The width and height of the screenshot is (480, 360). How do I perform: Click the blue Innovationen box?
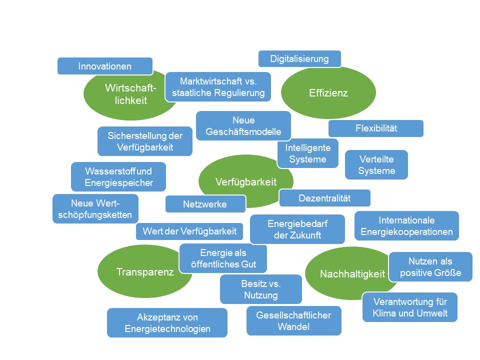104,66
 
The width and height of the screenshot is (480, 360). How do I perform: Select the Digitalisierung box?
299,58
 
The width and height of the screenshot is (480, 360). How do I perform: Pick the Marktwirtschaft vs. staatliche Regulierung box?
218,87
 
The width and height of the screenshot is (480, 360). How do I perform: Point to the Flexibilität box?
376,128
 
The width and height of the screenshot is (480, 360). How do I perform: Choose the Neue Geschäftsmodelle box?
243,126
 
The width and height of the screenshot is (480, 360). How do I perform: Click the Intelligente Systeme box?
308,153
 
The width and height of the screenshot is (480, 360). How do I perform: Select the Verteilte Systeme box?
376,164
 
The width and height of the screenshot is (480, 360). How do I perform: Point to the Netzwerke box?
205,204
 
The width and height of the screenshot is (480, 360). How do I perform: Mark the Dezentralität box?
324,198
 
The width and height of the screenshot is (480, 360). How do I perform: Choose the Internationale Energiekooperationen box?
406,226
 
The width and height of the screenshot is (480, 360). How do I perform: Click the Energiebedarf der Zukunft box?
297,229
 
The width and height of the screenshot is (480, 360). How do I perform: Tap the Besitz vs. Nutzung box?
260,289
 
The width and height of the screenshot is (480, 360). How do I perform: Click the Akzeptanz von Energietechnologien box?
167,323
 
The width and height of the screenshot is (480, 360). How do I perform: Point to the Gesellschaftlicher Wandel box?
293,321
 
